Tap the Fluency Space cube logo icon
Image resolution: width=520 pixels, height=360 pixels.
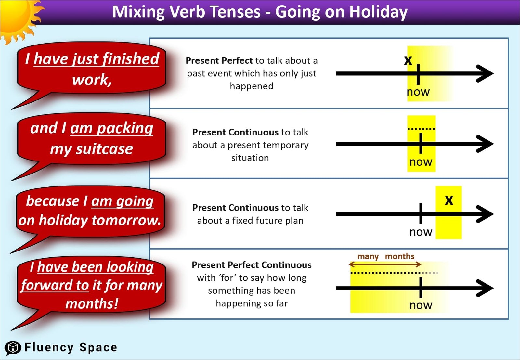[13, 348]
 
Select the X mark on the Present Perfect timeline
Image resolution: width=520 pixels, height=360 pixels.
[408, 60]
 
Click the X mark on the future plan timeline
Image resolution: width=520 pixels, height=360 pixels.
[449, 200]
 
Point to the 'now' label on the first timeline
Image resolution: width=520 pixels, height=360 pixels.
[418, 92]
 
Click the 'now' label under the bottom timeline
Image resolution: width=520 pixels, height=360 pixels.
[421, 305]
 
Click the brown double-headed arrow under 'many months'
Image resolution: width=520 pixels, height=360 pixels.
[385, 264]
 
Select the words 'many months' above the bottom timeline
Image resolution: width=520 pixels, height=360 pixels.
[385, 256]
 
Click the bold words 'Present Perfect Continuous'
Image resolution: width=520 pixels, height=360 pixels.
[251, 265]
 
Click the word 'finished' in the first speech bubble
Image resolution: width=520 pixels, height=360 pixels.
[131, 59]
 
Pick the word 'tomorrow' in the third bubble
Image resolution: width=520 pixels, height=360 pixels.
[126, 220]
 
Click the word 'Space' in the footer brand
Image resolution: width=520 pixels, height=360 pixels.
[98, 347]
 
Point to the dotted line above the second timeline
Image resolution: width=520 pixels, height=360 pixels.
[421, 129]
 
